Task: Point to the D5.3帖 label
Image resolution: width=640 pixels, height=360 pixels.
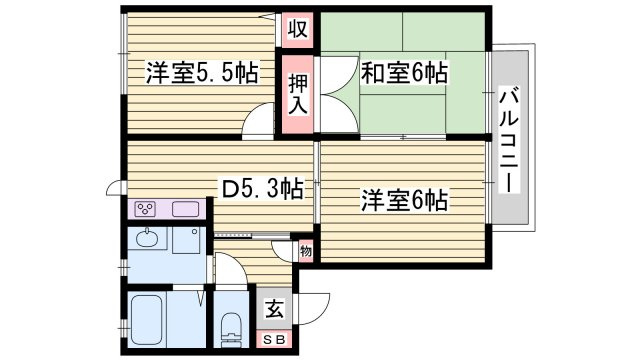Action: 262,186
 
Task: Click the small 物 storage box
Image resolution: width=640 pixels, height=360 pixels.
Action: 305,251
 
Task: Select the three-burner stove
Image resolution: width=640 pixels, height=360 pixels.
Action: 146,209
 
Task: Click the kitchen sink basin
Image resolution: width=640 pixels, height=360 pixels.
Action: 186,209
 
